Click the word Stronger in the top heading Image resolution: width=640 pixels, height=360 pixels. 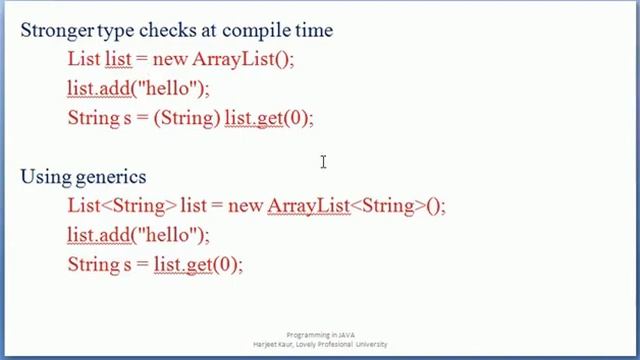tap(57, 30)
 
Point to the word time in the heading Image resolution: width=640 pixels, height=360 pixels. tap(312, 30)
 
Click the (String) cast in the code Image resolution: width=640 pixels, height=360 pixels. tap(187, 118)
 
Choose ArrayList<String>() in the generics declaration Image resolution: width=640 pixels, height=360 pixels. tap(355, 206)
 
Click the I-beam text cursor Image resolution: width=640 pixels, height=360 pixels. tap(323, 162)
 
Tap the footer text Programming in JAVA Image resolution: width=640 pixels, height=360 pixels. tap(321, 335)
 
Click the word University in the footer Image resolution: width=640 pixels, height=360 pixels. tap(367, 344)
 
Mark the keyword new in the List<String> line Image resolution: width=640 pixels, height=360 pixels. tap(245, 206)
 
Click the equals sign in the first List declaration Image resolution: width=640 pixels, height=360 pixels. tap(141, 59)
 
